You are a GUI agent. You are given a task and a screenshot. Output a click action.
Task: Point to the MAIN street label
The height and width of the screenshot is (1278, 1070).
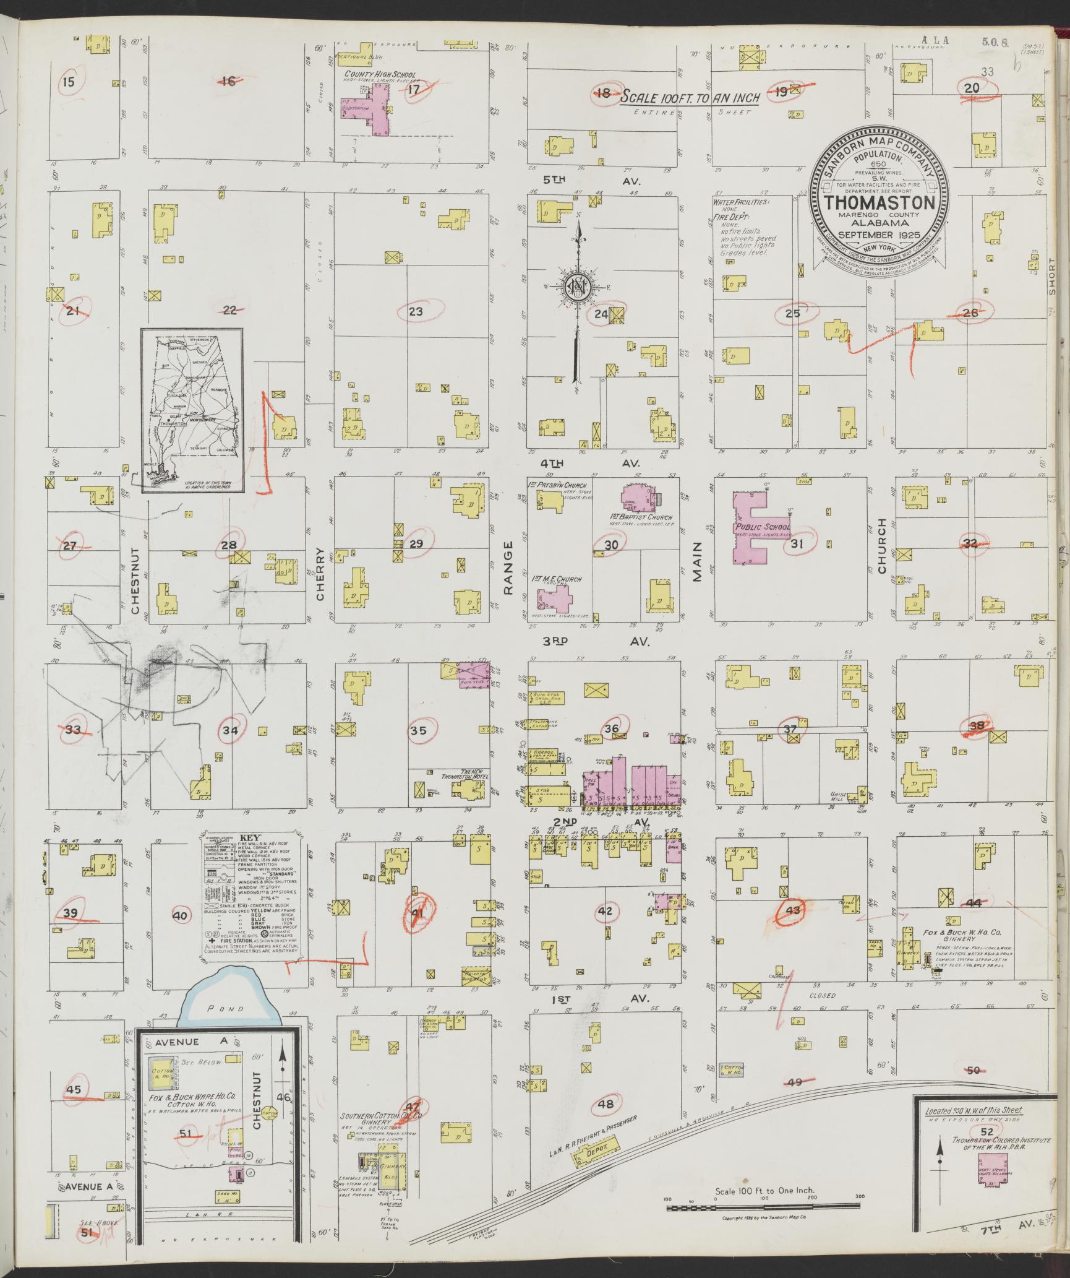(698, 561)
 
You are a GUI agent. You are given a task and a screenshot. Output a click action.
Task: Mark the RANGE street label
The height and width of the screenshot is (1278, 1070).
(508, 568)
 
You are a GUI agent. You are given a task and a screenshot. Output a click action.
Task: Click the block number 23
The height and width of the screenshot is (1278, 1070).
(416, 311)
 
